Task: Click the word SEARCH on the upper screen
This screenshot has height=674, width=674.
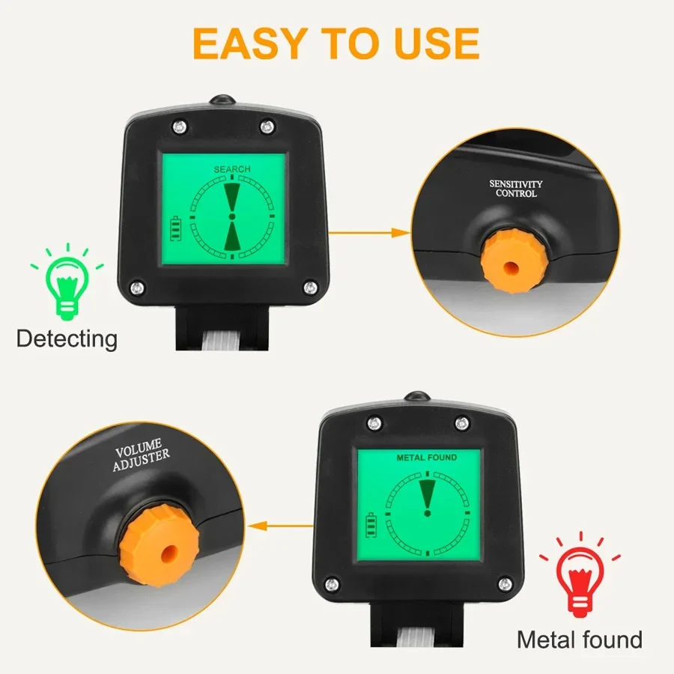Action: click(232, 169)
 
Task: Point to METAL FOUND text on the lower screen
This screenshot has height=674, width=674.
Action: click(427, 457)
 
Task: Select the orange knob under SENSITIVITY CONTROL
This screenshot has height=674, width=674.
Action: click(511, 265)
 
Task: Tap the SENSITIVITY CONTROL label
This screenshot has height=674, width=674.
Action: click(516, 188)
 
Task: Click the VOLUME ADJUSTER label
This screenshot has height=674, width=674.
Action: click(141, 459)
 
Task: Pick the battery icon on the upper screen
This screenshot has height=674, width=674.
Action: click(176, 228)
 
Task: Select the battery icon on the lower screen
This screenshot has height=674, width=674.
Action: click(371, 524)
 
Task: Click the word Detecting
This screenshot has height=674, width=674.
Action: click(67, 338)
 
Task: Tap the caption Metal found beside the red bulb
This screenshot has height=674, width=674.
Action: click(580, 640)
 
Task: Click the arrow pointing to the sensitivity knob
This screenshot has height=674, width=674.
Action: click(371, 232)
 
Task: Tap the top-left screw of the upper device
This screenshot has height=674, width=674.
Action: click(178, 125)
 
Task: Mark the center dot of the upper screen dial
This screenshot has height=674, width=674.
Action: click(231, 216)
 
